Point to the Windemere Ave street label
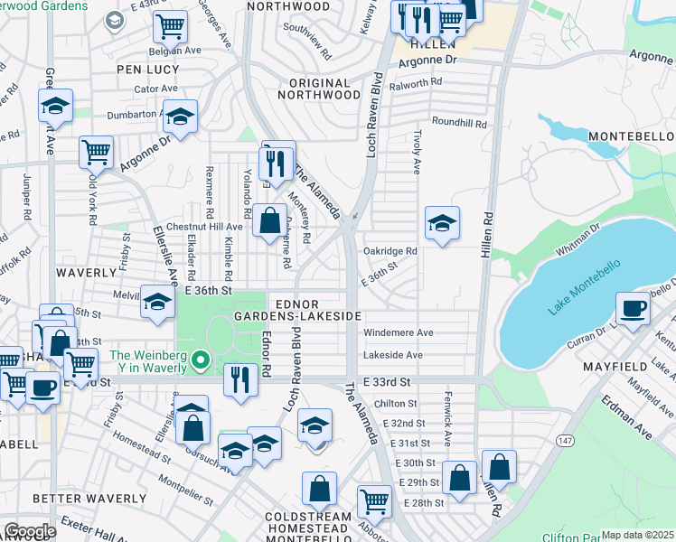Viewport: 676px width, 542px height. point(399,332)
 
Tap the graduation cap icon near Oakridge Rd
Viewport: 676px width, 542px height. point(442,223)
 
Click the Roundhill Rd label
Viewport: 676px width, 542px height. point(459,123)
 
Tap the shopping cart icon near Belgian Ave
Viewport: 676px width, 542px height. point(169,27)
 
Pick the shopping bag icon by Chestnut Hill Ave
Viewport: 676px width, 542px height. point(269,220)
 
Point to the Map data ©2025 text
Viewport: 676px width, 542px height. point(637,535)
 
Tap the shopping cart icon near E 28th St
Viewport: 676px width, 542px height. point(373,500)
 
